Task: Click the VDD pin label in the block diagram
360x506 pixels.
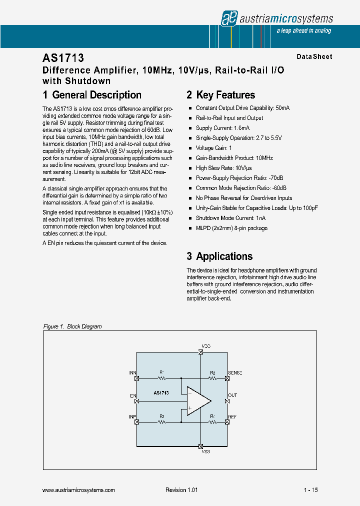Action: pyautogui.click(x=206, y=346)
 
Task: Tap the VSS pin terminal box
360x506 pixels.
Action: pyautogui.click(x=200, y=446)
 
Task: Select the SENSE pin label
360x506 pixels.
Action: pyautogui.click(x=235, y=373)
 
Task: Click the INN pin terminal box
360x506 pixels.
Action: pyautogui.click(x=137, y=378)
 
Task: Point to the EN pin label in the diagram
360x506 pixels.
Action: pyautogui.click(x=133, y=396)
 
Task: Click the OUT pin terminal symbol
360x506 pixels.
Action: pyautogui.click(x=227, y=401)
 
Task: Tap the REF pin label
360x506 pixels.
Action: pyautogui.click(x=232, y=416)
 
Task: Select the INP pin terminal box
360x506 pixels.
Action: pyautogui.click(x=137, y=422)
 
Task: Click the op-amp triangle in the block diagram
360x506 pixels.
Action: pyautogui.click(x=197, y=400)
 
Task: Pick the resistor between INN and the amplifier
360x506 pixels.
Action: pyautogui.click(x=161, y=378)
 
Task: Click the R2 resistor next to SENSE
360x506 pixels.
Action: pyautogui.click(x=212, y=378)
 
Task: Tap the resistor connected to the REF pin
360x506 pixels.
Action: pyautogui.click(x=212, y=422)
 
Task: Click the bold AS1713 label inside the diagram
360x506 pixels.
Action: pyautogui.click(x=161, y=393)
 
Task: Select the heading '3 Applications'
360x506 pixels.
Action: pyautogui.click(x=219, y=256)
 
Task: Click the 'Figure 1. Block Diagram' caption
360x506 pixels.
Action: pyautogui.click(x=72, y=326)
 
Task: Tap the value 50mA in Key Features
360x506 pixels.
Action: pyautogui.click(x=282, y=108)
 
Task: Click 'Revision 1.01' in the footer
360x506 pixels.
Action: pyautogui.click(x=181, y=490)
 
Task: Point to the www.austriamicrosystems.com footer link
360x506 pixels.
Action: pyautogui.click(x=79, y=490)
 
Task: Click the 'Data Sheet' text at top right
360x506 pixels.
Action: pyautogui.click(x=314, y=57)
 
